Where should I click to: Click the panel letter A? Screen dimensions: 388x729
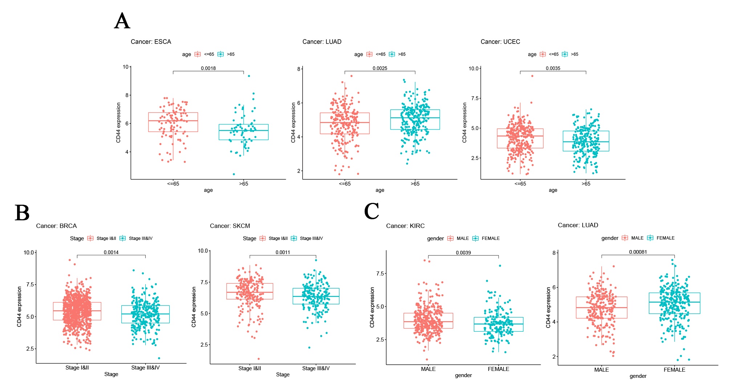[122, 21]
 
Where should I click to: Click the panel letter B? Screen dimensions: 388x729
[22, 213]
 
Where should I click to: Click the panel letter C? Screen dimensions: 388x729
[371, 211]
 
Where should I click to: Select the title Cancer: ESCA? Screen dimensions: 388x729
[151, 42]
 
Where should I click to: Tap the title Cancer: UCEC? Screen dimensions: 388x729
[500, 42]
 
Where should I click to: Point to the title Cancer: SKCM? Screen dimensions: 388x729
[230, 226]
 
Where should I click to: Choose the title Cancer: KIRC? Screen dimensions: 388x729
[405, 226]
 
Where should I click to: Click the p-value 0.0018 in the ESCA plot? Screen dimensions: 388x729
[208, 68]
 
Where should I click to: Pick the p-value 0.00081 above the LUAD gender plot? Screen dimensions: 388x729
[638, 252]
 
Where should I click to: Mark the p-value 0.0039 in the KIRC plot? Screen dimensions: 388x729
[463, 253]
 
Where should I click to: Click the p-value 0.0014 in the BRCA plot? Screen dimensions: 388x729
[111, 252]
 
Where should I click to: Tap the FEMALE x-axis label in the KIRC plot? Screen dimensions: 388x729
[498, 369]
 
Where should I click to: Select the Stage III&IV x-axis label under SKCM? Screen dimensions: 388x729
[316, 368]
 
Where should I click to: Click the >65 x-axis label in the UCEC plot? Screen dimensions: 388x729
[586, 184]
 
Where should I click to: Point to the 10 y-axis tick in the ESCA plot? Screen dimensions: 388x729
[126, 67]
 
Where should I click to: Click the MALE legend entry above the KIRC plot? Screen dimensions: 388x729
[462, 238]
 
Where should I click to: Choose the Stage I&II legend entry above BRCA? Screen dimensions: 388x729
[106, 238]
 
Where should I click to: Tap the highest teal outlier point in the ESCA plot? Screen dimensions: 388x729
[249, 76]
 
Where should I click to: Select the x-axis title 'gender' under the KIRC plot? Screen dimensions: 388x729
[463, 375]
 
